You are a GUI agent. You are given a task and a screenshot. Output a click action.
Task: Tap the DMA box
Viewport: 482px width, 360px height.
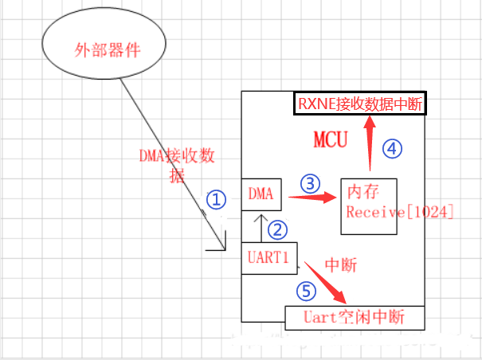click(261, 194)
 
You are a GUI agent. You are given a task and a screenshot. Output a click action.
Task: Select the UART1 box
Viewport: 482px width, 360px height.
click(268, 258)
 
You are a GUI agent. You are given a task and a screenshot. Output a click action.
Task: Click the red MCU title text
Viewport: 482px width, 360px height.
click(330, 141)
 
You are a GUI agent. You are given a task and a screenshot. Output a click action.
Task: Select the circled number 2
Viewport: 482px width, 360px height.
click(276, 229)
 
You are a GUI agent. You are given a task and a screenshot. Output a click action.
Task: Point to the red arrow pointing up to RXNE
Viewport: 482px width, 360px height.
click(370, 143)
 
